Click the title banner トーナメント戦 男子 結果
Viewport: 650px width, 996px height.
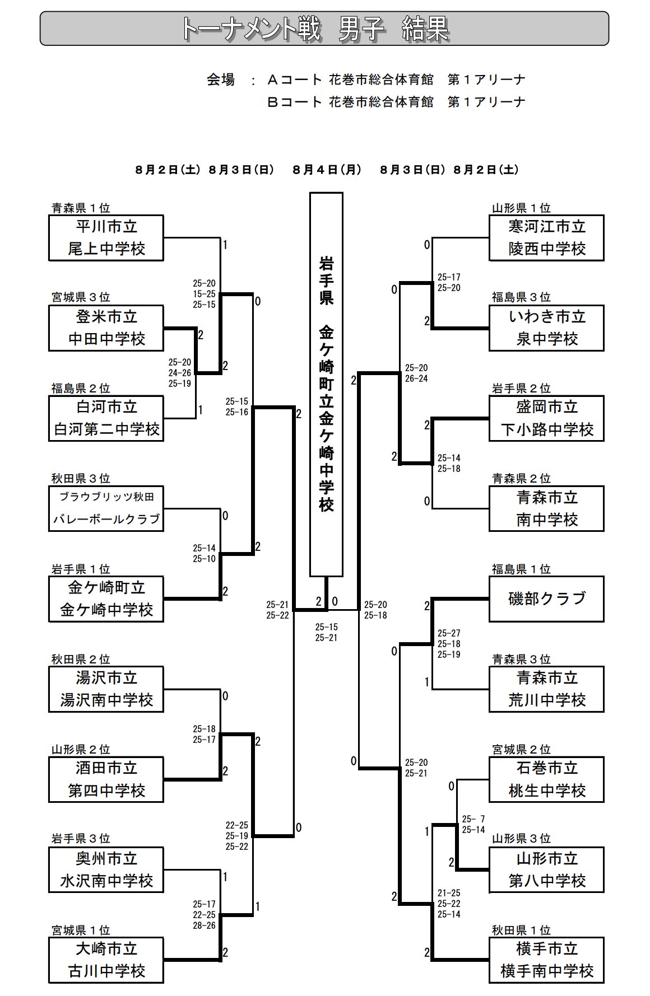324,29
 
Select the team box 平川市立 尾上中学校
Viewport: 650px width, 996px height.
106,238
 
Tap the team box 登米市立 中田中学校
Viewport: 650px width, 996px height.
106,328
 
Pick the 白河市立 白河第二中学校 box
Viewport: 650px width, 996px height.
106,418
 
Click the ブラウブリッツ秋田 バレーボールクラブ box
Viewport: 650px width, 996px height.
106,508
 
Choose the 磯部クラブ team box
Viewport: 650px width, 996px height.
546,599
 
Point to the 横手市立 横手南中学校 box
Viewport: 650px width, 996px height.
546,960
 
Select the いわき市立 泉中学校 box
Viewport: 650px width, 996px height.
546,328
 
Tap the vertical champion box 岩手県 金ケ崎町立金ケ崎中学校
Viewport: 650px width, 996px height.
326,385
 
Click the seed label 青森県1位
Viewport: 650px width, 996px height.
81,208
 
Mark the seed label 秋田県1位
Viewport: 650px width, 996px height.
521,930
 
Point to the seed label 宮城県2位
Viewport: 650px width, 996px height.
521,750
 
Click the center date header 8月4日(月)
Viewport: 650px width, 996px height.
327,170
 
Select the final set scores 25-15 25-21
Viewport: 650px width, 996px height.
326,633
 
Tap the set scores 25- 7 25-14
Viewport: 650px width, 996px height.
473,825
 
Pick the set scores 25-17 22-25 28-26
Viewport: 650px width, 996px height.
204,915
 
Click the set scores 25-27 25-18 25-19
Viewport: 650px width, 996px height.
449,644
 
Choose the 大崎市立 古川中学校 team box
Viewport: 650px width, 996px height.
106,960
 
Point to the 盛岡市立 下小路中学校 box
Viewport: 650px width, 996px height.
546,418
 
